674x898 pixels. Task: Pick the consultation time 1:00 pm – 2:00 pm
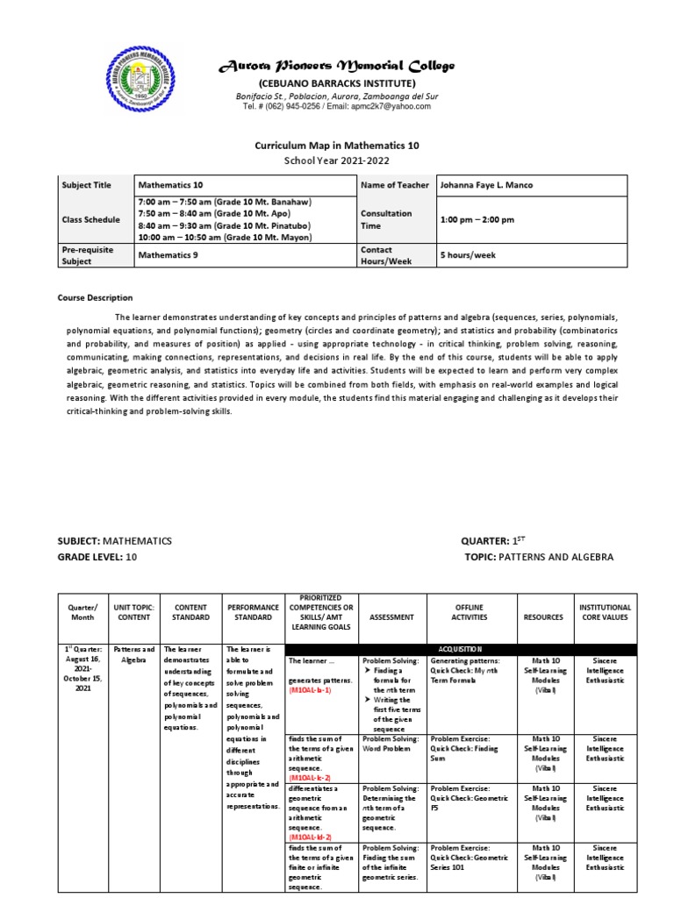tap(477, 219)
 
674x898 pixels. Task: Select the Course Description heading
tap(97, 298)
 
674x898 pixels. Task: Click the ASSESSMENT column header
tap(391, 617)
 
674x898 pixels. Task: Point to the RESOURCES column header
tap(543, 617)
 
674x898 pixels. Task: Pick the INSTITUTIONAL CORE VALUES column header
tap(605, 612)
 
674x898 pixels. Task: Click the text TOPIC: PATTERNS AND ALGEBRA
tap(539, 557)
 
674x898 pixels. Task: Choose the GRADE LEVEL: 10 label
tap(97, 557)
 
